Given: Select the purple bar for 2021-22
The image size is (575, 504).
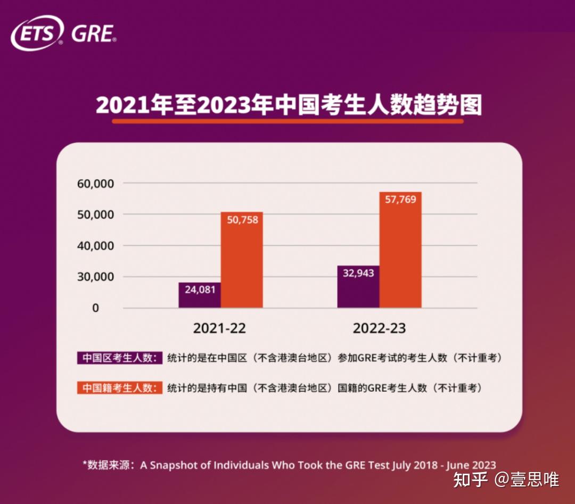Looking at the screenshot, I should [x=200, y=295].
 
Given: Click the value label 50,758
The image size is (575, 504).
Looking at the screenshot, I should [x=242, y=219].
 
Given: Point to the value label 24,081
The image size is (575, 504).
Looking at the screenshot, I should [x=200, y=290].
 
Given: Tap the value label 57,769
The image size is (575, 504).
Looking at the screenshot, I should [x=400, y=199].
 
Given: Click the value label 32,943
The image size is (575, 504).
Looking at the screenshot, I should [x=358, y=273].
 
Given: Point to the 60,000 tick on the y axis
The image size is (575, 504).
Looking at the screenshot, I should [x=96, y=183].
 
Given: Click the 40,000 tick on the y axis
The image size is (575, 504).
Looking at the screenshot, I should [x=96, y=246].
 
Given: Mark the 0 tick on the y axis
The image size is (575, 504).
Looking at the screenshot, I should [x=95, y=308].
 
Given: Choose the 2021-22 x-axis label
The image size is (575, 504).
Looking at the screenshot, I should [x=219, y=328].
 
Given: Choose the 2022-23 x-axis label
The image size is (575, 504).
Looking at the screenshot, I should [x=379, y=328].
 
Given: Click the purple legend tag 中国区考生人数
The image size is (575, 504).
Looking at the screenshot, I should [x=120, y=358].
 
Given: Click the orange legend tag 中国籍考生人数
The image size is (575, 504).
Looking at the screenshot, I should [x=120, y=388].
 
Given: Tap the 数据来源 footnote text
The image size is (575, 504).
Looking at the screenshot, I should [x=289, y=465].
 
